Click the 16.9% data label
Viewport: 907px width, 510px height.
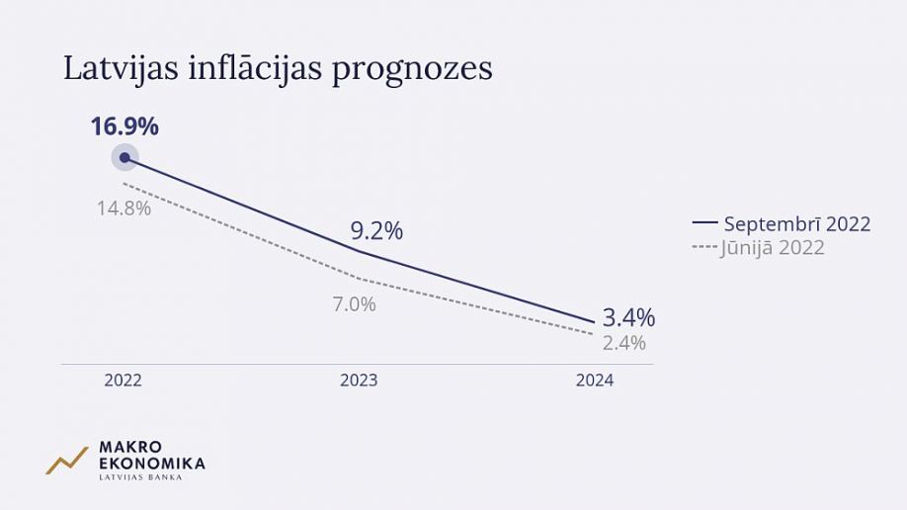[124, 127]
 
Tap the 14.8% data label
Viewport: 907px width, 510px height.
[124, 209]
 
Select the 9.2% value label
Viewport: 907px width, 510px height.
[376, 231]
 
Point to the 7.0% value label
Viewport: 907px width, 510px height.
[354, 304]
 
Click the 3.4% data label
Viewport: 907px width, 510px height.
[628, 317]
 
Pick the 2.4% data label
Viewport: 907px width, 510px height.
[624, 343]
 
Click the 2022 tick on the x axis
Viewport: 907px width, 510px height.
[124, 381]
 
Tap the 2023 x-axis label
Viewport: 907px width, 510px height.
[359, 381]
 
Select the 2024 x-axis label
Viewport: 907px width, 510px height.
[595, 381]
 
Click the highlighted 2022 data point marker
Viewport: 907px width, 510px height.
[124, 157]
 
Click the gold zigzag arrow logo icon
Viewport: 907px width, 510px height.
[66, 461]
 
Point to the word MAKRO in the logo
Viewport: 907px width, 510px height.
[130, 447]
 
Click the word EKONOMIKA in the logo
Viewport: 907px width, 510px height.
[152, 463]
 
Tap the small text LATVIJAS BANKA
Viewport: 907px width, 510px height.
[139, 477]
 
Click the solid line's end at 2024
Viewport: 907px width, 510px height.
[594, 322]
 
